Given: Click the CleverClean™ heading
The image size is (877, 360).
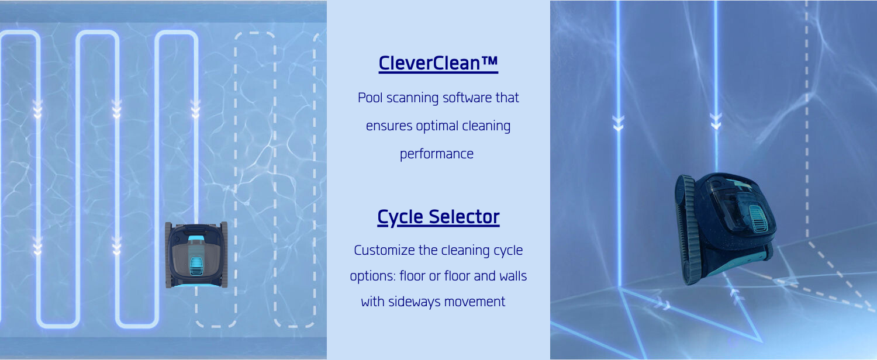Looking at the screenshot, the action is (438, 63).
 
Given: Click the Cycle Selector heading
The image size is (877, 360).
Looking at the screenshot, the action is (438, 217).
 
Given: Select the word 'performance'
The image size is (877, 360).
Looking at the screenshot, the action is (437, 154).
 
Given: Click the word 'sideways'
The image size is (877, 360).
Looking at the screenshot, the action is (414, 302).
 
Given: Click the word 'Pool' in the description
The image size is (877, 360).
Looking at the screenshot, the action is (370, 98).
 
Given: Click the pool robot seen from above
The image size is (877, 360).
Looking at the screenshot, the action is (196, 254).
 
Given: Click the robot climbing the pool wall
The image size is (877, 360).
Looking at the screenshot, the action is (725, 228).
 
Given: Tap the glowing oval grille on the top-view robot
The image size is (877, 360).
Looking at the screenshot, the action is (196, 267).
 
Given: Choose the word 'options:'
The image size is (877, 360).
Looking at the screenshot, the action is (373, 276).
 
